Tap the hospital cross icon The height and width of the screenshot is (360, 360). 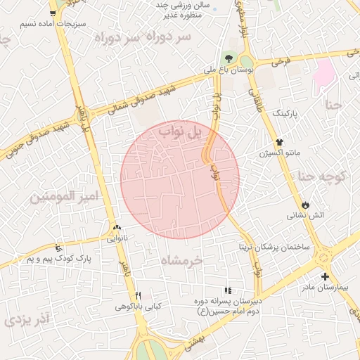pos(324,276)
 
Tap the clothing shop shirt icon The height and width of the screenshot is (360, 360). pos(279,142)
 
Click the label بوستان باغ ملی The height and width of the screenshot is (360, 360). pos(228,70)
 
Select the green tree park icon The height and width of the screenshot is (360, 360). pos(229,58)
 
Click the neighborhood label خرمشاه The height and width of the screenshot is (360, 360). pos(181,259)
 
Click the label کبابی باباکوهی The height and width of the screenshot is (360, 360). pos(139,307)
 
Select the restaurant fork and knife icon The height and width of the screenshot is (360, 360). pos(139,295)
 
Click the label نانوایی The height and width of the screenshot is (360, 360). pos(117,238)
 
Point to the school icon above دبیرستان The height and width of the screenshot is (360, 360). pos(227,290)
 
